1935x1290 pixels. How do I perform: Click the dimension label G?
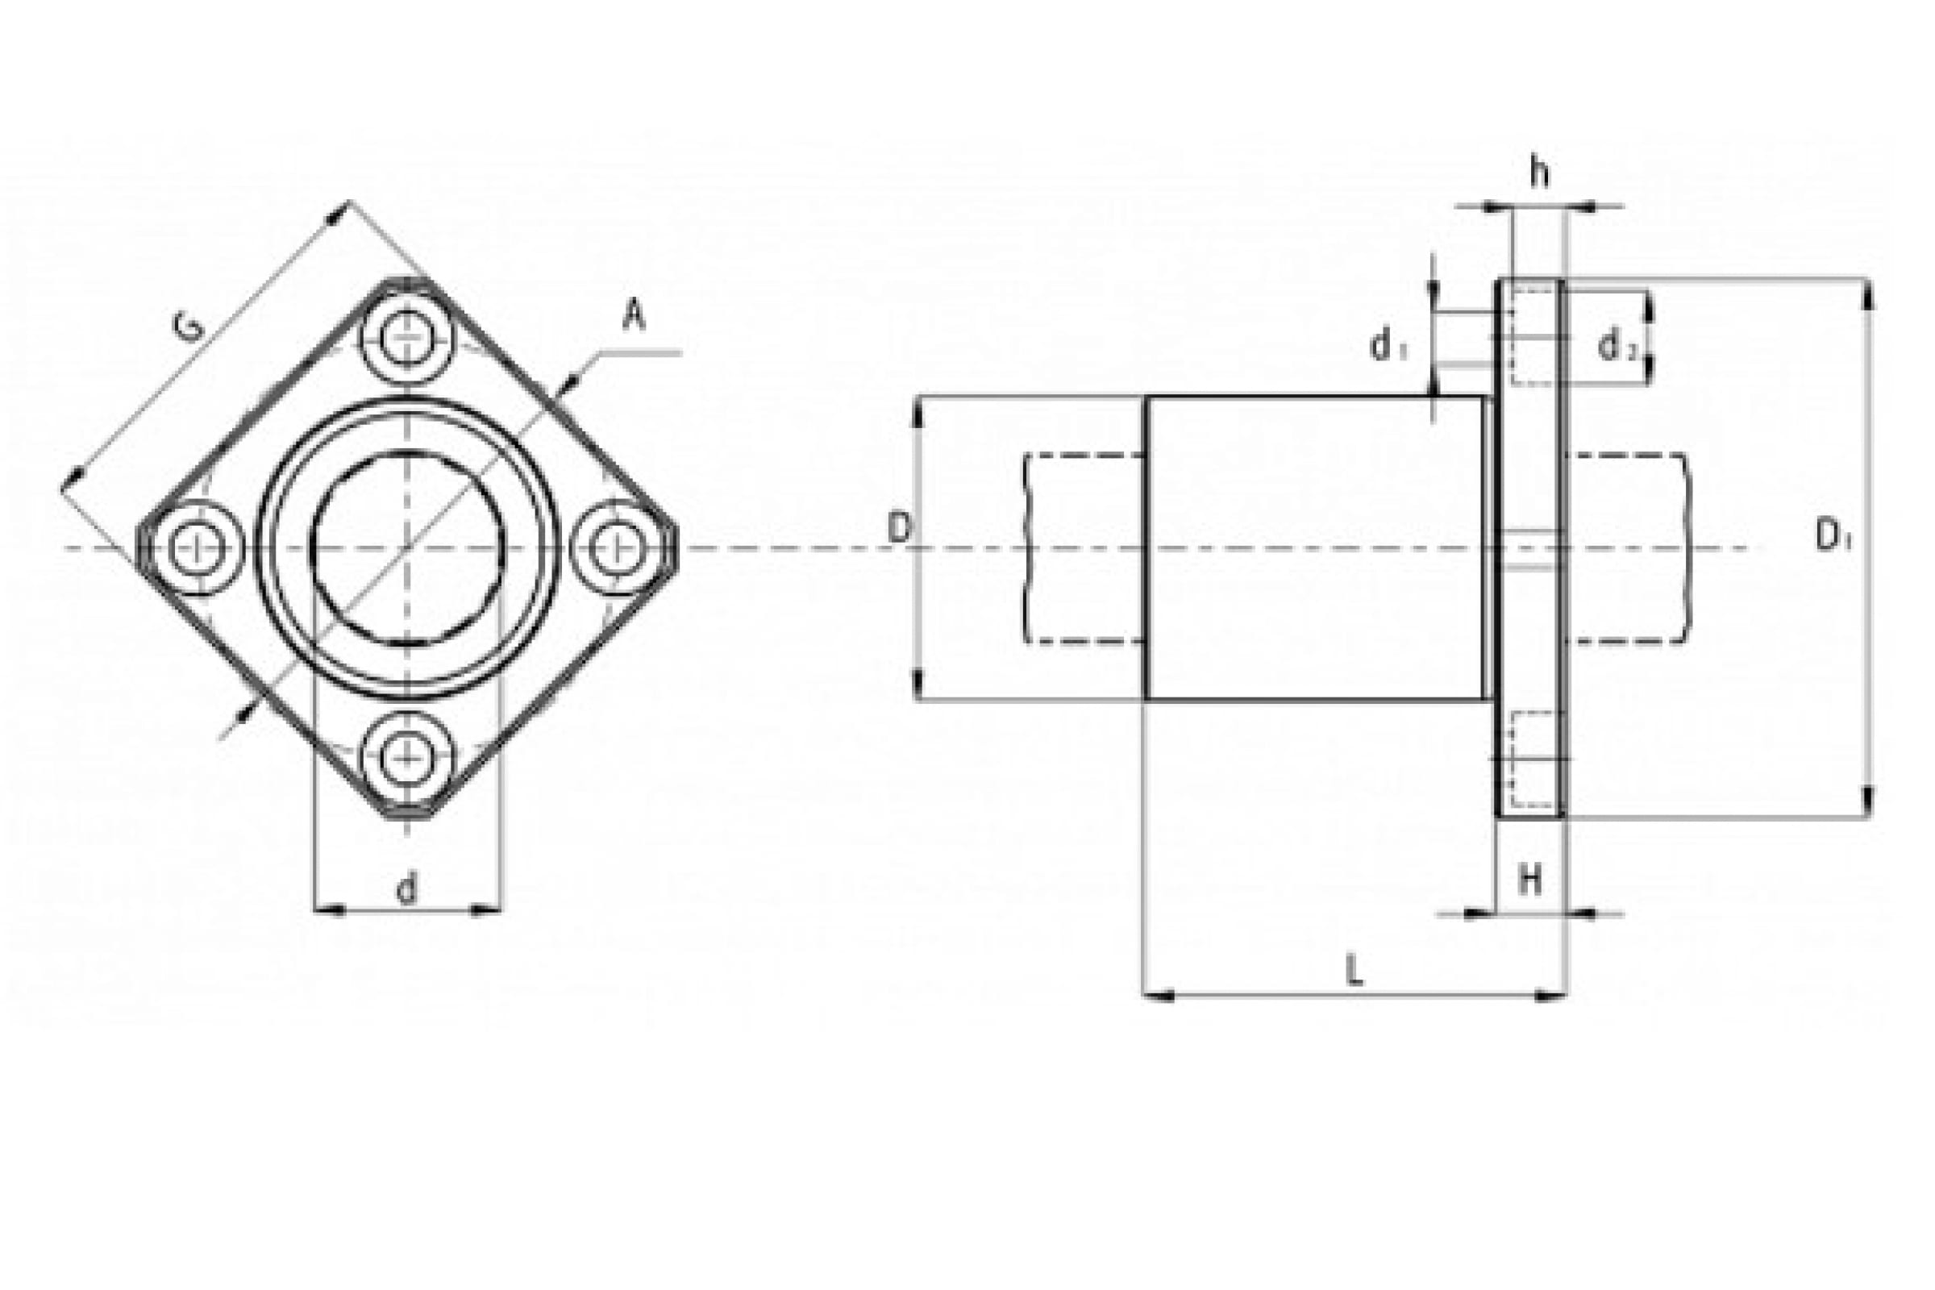189,328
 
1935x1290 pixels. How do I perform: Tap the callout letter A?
633,316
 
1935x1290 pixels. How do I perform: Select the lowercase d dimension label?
407,888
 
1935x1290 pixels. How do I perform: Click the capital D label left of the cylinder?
899,528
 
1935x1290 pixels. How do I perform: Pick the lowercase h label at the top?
1539,173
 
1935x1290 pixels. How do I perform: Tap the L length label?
1354,972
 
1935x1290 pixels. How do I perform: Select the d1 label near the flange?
1388,347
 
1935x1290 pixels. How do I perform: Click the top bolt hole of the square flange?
407,339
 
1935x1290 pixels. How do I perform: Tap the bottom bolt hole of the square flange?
407,756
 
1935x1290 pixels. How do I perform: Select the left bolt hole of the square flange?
198,547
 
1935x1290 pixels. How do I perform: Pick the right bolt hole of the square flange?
615,547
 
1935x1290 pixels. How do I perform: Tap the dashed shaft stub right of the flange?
1627,548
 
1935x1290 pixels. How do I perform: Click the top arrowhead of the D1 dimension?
1869,294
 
